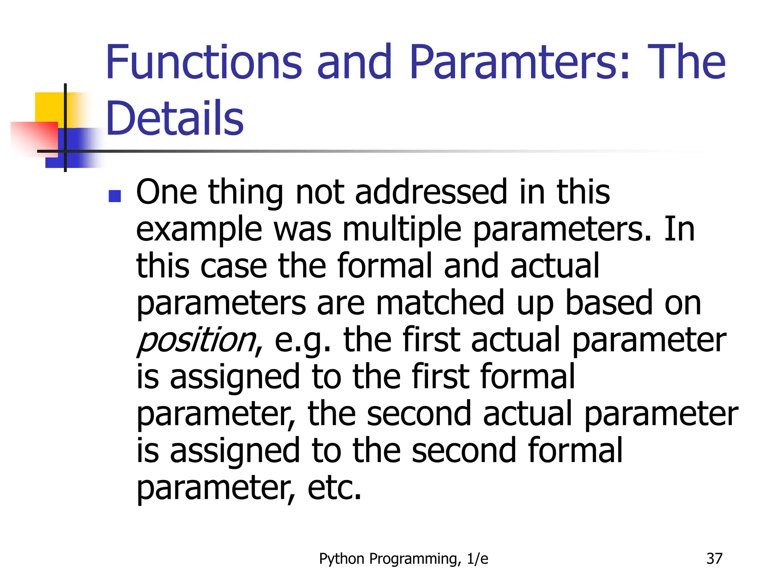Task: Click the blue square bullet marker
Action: (115, 196)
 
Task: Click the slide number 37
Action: (714, 559)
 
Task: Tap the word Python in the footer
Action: (342, 559)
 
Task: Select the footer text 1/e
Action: (478, 559)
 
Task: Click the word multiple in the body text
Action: (402, 230)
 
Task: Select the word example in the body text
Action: (199, 230)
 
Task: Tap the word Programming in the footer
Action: (415, 559)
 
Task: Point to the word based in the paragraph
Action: (609, 303)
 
